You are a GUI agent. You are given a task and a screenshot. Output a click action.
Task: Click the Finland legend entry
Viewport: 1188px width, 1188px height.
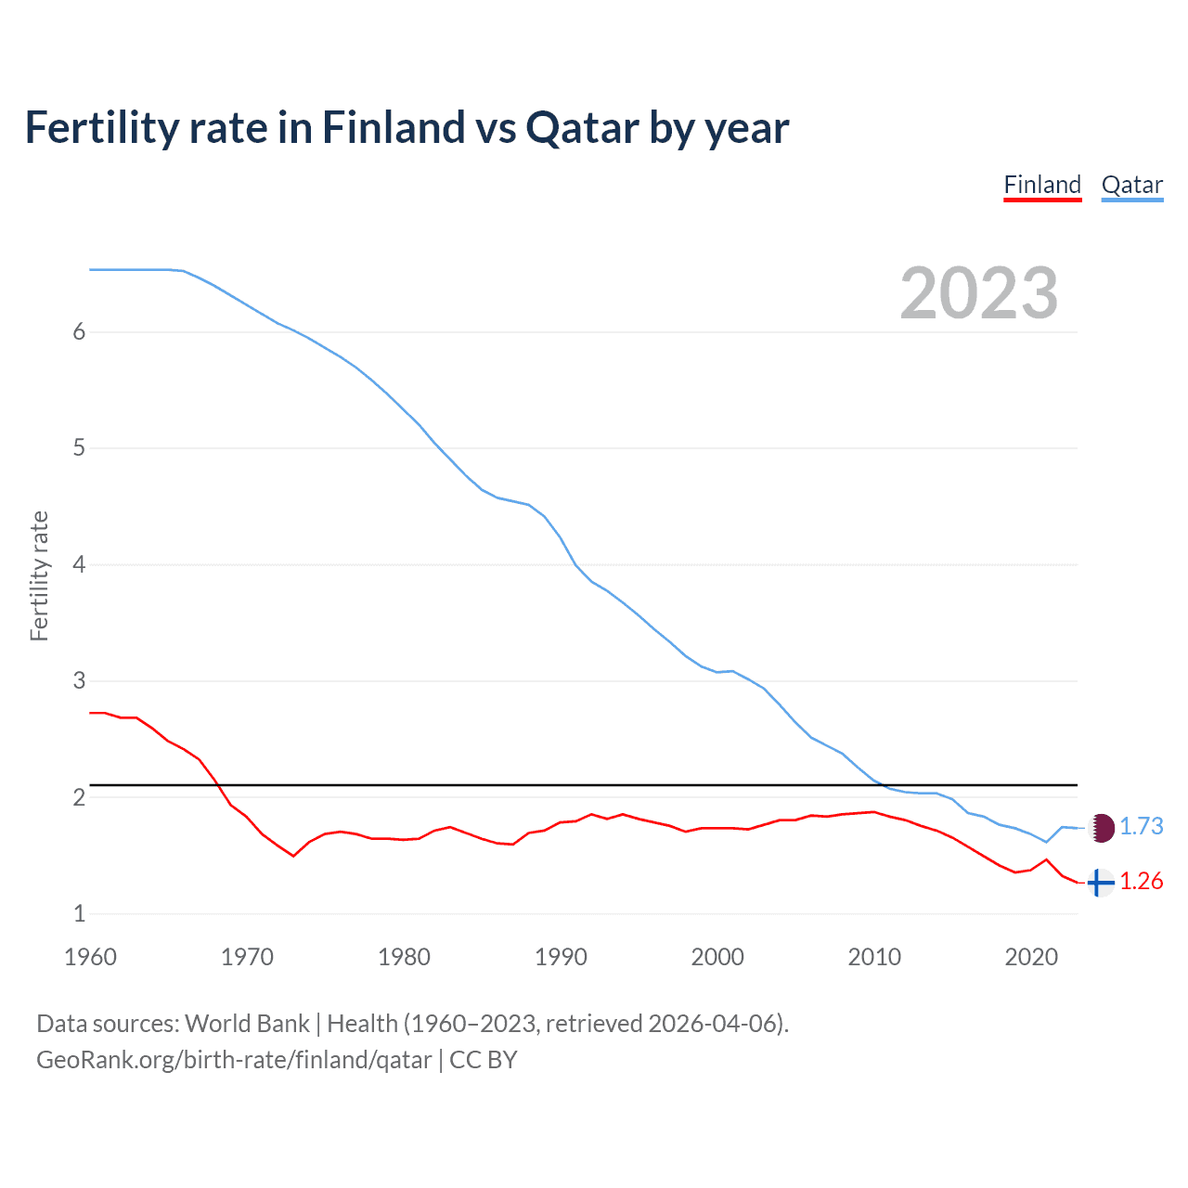click(x=1042, y=185)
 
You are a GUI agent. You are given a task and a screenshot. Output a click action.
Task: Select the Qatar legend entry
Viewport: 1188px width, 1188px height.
click(x=1131, y=185)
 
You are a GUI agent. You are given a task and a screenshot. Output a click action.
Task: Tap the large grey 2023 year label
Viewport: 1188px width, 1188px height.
click(x=978, y=293)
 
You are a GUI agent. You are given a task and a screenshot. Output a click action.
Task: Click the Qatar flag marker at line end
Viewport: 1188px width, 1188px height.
click(x=1101, y=827)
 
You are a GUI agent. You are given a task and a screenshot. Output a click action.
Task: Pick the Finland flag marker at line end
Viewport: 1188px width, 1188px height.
click(x=1100, y=882)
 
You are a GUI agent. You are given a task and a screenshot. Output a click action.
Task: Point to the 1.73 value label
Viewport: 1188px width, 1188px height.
click(x=1141, y=826)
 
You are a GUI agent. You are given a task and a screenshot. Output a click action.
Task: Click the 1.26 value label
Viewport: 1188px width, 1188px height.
click(x=1141, y=881)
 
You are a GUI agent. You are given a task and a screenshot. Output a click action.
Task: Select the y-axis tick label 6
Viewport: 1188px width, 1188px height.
click(x=79, y=332)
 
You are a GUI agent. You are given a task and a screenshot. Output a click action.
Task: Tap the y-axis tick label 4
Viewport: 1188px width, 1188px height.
click(x=79, y=564)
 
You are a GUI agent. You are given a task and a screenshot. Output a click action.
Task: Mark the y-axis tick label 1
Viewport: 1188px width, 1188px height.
click(x=79, y=913)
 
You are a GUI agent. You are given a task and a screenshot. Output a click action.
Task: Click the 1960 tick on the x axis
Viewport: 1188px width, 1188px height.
click(x=90, y=957)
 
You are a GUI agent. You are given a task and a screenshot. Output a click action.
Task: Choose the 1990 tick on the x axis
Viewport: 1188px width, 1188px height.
click(x=561, y=957)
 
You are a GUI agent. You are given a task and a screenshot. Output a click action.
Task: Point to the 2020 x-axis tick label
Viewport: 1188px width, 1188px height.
click(x=1031, y=957)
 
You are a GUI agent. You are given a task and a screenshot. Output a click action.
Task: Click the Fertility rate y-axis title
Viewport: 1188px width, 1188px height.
click(x=39, y=575)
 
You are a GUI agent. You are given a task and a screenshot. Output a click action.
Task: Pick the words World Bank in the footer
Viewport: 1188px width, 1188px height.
click(x=247, y=1024)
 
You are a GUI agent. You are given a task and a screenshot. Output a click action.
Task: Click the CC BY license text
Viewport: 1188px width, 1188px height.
click(x=483, y=1060)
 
